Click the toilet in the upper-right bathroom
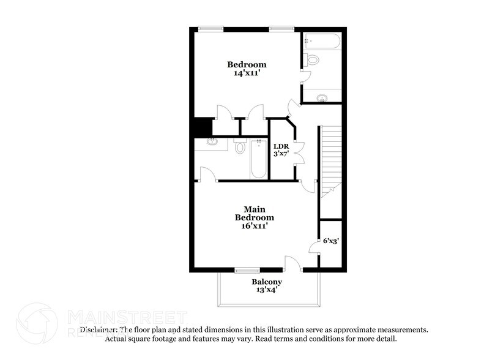click(x=313, y=60)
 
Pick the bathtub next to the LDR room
click(x=259, y=159)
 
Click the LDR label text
click(x=281, y=146)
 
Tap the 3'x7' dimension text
click(x=281, y=154)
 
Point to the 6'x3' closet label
click(x=331, y=241)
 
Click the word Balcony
click(x=267, y=282)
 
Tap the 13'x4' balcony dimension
click(x=267, y=290)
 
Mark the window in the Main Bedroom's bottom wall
click(x=248, y=269)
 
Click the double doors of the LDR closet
click(x=299, y=151)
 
